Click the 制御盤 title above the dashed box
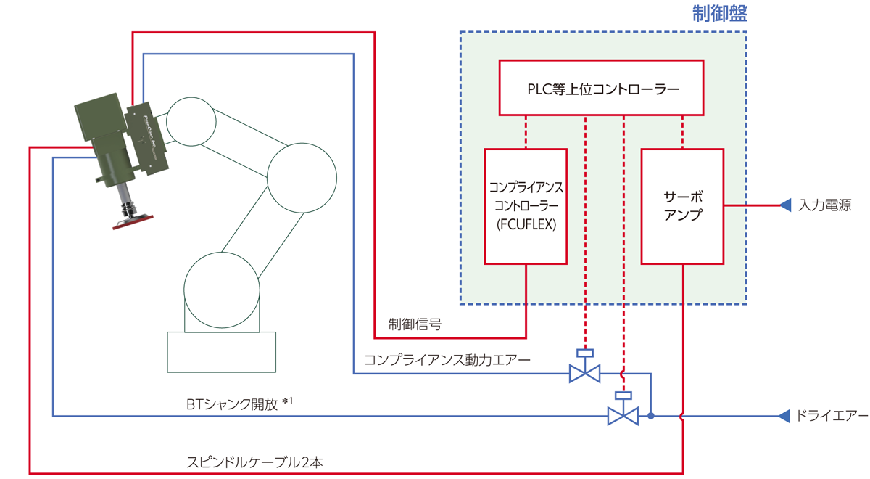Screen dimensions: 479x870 coord(718,14)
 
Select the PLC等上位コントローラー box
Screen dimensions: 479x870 coord(602,88)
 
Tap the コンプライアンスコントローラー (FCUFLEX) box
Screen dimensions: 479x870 coord(526,206)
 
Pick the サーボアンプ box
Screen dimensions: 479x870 coord(682,206)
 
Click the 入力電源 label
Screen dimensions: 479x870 coord(825,206)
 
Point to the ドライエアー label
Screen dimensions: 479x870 coord(831,416)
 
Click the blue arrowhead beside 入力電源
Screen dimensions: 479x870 coord(784,206)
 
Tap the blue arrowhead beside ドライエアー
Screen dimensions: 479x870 coord(783,416)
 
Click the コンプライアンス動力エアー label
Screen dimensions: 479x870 coord(447,359)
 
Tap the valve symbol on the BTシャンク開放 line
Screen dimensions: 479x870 coord(622,416)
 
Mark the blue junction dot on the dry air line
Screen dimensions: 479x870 coord(651,416)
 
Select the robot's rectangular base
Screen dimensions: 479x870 coord(221,351)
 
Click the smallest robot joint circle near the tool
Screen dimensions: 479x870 coord(191,121)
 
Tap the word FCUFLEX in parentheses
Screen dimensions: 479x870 coord(526,224)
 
